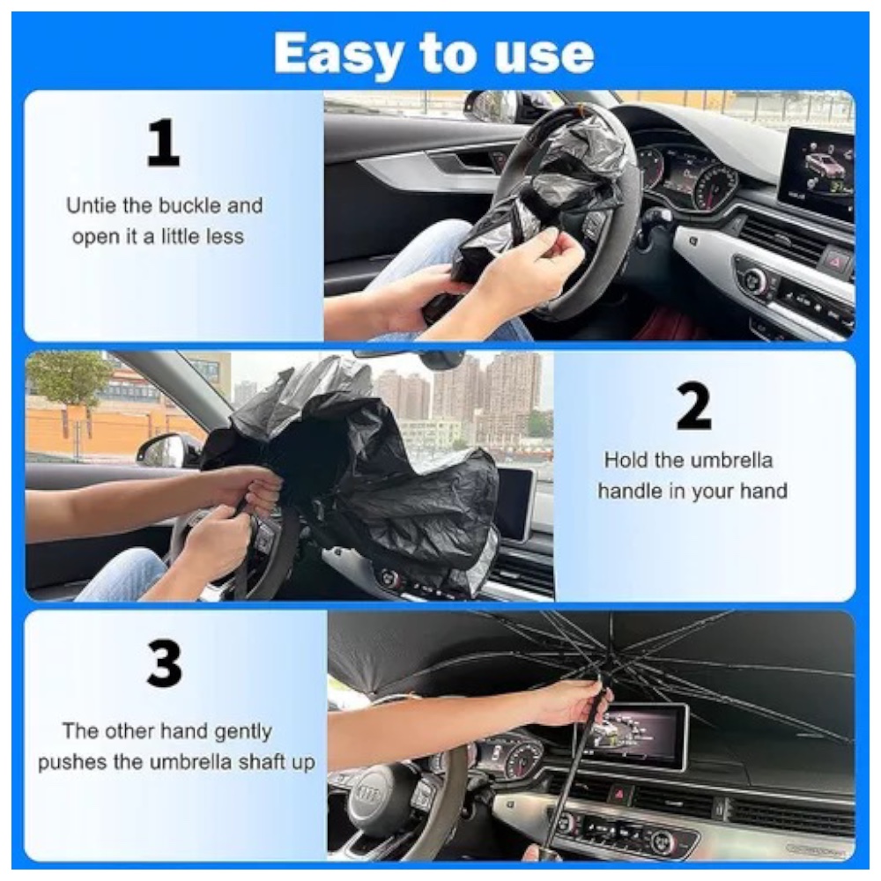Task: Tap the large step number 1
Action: pos(163,143)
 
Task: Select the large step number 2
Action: pos(694,405)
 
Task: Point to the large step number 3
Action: pos(164,663)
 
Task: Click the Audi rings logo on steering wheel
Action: pos(368,795)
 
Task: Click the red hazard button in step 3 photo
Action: pos(619,794)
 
